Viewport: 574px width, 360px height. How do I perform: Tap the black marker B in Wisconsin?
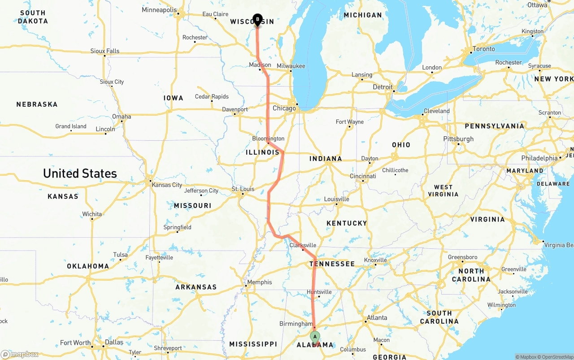[x=257, y=19]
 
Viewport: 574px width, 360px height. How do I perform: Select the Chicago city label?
[x=284, y=108]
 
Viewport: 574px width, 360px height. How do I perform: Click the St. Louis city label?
[x=243, y=189]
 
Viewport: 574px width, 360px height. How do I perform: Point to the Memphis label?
[x=260, y=282]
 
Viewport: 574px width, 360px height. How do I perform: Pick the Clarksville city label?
[x=303, y=245]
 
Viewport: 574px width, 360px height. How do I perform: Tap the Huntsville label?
[x=319, y=292]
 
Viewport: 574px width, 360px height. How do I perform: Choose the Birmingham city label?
[x=296, y=324]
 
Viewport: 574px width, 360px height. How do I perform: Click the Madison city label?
[x=260, y=65]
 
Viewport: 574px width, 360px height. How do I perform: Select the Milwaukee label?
[x=291, y=66]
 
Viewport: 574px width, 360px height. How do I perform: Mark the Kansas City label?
[x=167, y=185]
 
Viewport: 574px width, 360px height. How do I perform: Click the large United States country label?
[x=80, y=173]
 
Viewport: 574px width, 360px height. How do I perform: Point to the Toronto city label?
[x=484, y=49]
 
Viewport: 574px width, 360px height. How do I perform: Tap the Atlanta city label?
[x=377, y=317]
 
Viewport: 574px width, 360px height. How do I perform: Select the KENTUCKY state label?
[x=347, y=223]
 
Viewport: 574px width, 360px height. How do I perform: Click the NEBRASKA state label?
[x=37, y=104]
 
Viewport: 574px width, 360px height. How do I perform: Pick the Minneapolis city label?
[x=159, y=10]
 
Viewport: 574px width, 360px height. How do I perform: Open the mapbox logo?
[x=20, y=354]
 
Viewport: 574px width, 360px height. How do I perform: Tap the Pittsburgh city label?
[x=458, y=139]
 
